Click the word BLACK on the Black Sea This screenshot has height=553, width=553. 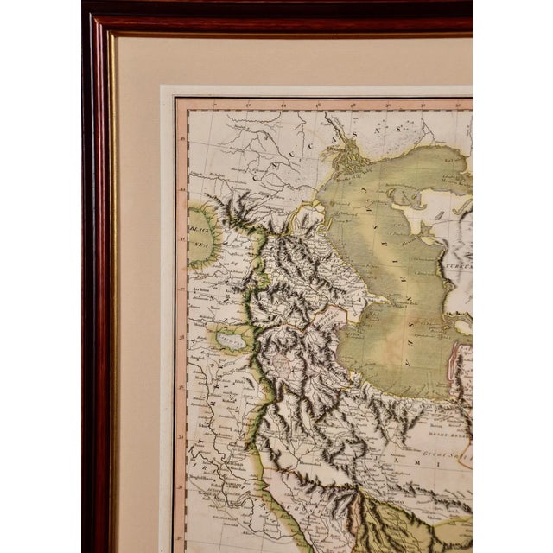[200, 232]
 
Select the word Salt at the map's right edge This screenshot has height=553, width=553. [457, 446]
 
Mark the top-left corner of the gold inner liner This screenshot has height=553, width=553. [109, 35]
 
